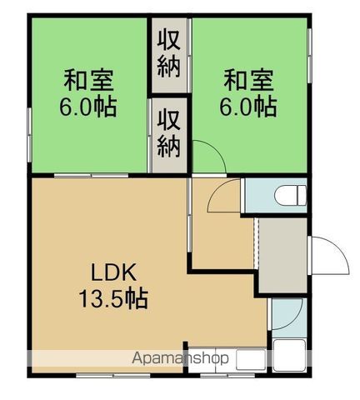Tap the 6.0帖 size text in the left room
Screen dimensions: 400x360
(90, 107)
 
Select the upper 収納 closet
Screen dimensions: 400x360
(170, 54)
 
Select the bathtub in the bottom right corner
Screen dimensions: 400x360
(291, 357)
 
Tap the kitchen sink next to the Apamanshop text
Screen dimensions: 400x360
(251, 359)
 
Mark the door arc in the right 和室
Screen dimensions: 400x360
(208, 158)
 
